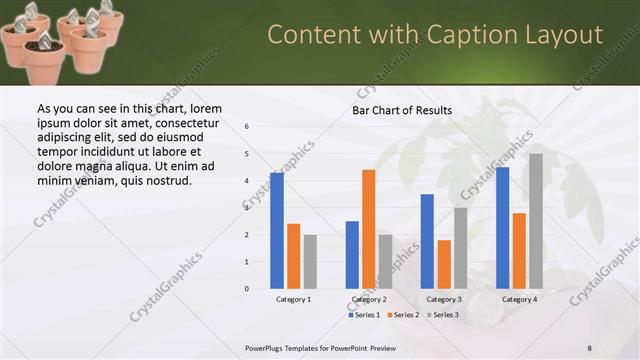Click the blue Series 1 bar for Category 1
pyautogui.click(x=277, y=231)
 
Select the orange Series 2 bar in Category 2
pyautogui.click(x=368, y=229)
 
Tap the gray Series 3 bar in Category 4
pyautogui.click(x=536, y=221)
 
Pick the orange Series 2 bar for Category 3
pyautogui.click(x=444, y=264)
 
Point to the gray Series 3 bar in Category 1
pyautogui.click(x=310, y=262)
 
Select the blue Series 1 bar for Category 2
pyautogui.click(x=352, y=255)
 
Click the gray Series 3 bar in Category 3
pyautogui.click(x=460, y=248)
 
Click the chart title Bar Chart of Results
pyautogui.click(x=402, y=110)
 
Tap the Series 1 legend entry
pyautogui.click(x=364, y=315)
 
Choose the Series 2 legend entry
pyautogui.click(x=402, y=315)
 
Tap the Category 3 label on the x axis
pyautogui.click(x=444, y=299)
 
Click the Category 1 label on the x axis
pyautogui.click(x=293, y=299)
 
